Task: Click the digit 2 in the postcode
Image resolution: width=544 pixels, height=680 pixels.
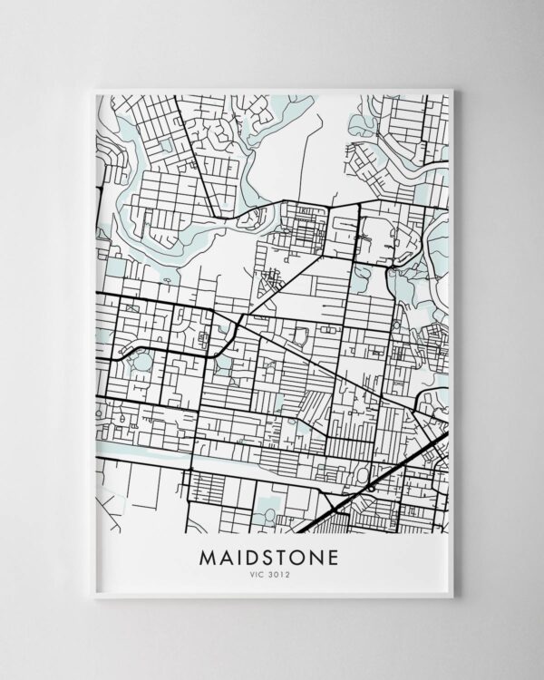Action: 290,573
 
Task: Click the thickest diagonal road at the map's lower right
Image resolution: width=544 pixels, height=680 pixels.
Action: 381,481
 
